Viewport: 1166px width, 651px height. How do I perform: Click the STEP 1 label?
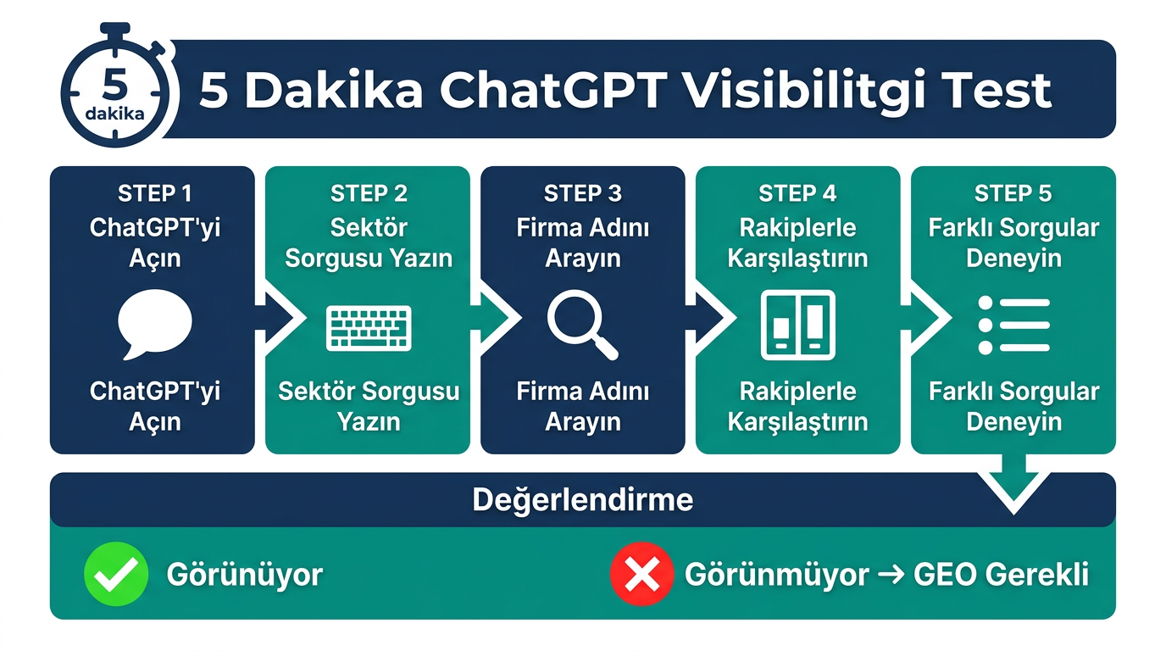pos(154,194)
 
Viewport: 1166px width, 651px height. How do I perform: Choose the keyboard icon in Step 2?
pos(369,328)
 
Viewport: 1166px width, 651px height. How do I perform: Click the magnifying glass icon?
pos(582,325)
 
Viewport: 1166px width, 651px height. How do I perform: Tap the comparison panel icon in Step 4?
pos(797,325)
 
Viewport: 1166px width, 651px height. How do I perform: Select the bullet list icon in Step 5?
pos(1013,325)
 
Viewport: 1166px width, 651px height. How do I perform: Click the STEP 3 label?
pos(583,194)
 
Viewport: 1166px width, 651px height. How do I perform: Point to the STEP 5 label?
pos(1013,194)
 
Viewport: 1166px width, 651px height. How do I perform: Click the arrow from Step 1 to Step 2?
pos(280,319)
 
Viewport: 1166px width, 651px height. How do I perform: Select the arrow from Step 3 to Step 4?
pos(710,319)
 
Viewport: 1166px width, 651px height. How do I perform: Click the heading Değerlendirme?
pos(582,500)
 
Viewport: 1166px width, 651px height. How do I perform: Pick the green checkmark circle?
pos(116,575)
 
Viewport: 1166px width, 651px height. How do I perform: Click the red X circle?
pos(641,575)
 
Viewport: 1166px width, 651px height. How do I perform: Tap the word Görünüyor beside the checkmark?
pos(244,575)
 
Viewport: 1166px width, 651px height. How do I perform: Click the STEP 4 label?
pos(797,194)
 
